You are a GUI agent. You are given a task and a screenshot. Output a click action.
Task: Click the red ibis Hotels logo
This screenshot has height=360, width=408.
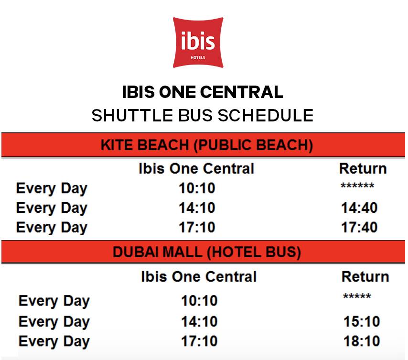point(198,43)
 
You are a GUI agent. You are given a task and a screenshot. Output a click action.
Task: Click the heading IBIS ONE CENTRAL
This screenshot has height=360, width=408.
point(203,92)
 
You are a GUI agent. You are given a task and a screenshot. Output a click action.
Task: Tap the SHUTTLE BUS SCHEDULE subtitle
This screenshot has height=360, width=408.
point(203,115)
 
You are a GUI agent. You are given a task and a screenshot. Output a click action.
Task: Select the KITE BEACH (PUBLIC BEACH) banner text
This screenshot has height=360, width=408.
point(207,145)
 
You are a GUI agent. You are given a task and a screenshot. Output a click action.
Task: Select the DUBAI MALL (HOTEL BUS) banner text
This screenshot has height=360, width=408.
point(207,252)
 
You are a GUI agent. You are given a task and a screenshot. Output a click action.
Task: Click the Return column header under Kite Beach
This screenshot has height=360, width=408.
point(363,168)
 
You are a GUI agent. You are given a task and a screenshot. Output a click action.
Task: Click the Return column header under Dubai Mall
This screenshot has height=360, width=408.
point(365,276)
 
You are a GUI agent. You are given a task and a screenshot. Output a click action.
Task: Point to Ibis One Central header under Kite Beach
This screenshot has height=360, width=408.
point(196,168)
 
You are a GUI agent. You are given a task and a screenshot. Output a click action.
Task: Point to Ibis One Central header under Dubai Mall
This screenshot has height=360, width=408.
point(199,276)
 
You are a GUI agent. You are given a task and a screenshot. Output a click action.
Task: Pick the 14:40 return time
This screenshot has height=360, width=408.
point(359,207)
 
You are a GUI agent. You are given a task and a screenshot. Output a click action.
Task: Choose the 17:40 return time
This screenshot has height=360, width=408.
point(359,227)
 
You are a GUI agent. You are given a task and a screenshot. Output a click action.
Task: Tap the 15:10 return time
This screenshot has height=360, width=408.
point(362,321)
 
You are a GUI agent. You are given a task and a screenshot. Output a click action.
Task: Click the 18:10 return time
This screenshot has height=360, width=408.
point(362,341)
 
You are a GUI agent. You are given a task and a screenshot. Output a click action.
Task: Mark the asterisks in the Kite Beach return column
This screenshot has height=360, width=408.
point(357,185)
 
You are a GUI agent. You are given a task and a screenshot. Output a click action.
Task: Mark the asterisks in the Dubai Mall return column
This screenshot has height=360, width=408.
point(357,296)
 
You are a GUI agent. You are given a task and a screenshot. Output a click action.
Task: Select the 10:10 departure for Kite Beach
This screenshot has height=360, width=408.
point(197,188)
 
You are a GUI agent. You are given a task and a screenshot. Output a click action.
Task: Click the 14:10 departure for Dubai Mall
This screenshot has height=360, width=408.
point(199,321)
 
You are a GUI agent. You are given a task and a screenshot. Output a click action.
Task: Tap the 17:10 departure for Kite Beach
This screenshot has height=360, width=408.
point(197,227)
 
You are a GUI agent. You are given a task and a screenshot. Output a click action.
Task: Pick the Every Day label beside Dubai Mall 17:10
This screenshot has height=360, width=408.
point(54,341)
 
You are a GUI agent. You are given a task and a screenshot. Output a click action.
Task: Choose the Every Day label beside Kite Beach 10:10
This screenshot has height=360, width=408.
point(52,188)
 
